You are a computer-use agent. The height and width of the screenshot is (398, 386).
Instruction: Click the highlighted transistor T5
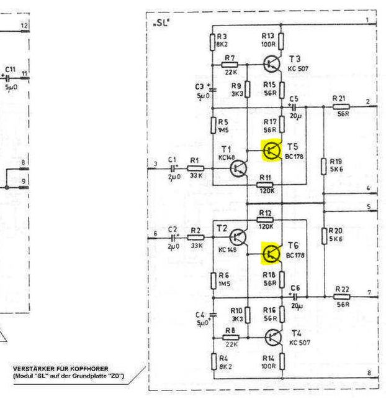click(271, 150)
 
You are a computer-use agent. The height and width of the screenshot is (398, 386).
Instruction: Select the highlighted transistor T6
click(271, 253)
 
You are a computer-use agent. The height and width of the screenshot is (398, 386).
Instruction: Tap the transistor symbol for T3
click(271, 62)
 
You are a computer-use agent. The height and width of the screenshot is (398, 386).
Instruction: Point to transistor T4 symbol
click(272, 338)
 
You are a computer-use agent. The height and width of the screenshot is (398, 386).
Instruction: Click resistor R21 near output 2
click(341, 107)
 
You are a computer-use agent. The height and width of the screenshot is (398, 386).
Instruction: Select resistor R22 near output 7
click(341, 297)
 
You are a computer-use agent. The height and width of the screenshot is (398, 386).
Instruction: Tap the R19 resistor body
click(324, 166)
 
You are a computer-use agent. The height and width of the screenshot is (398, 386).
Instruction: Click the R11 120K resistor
click(265, 185)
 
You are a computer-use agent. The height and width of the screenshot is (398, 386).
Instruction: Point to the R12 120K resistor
click(265, 220)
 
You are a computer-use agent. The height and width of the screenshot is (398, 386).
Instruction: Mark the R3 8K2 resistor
click(213, 42)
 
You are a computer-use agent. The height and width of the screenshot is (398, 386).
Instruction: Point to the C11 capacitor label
click(10, 69)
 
